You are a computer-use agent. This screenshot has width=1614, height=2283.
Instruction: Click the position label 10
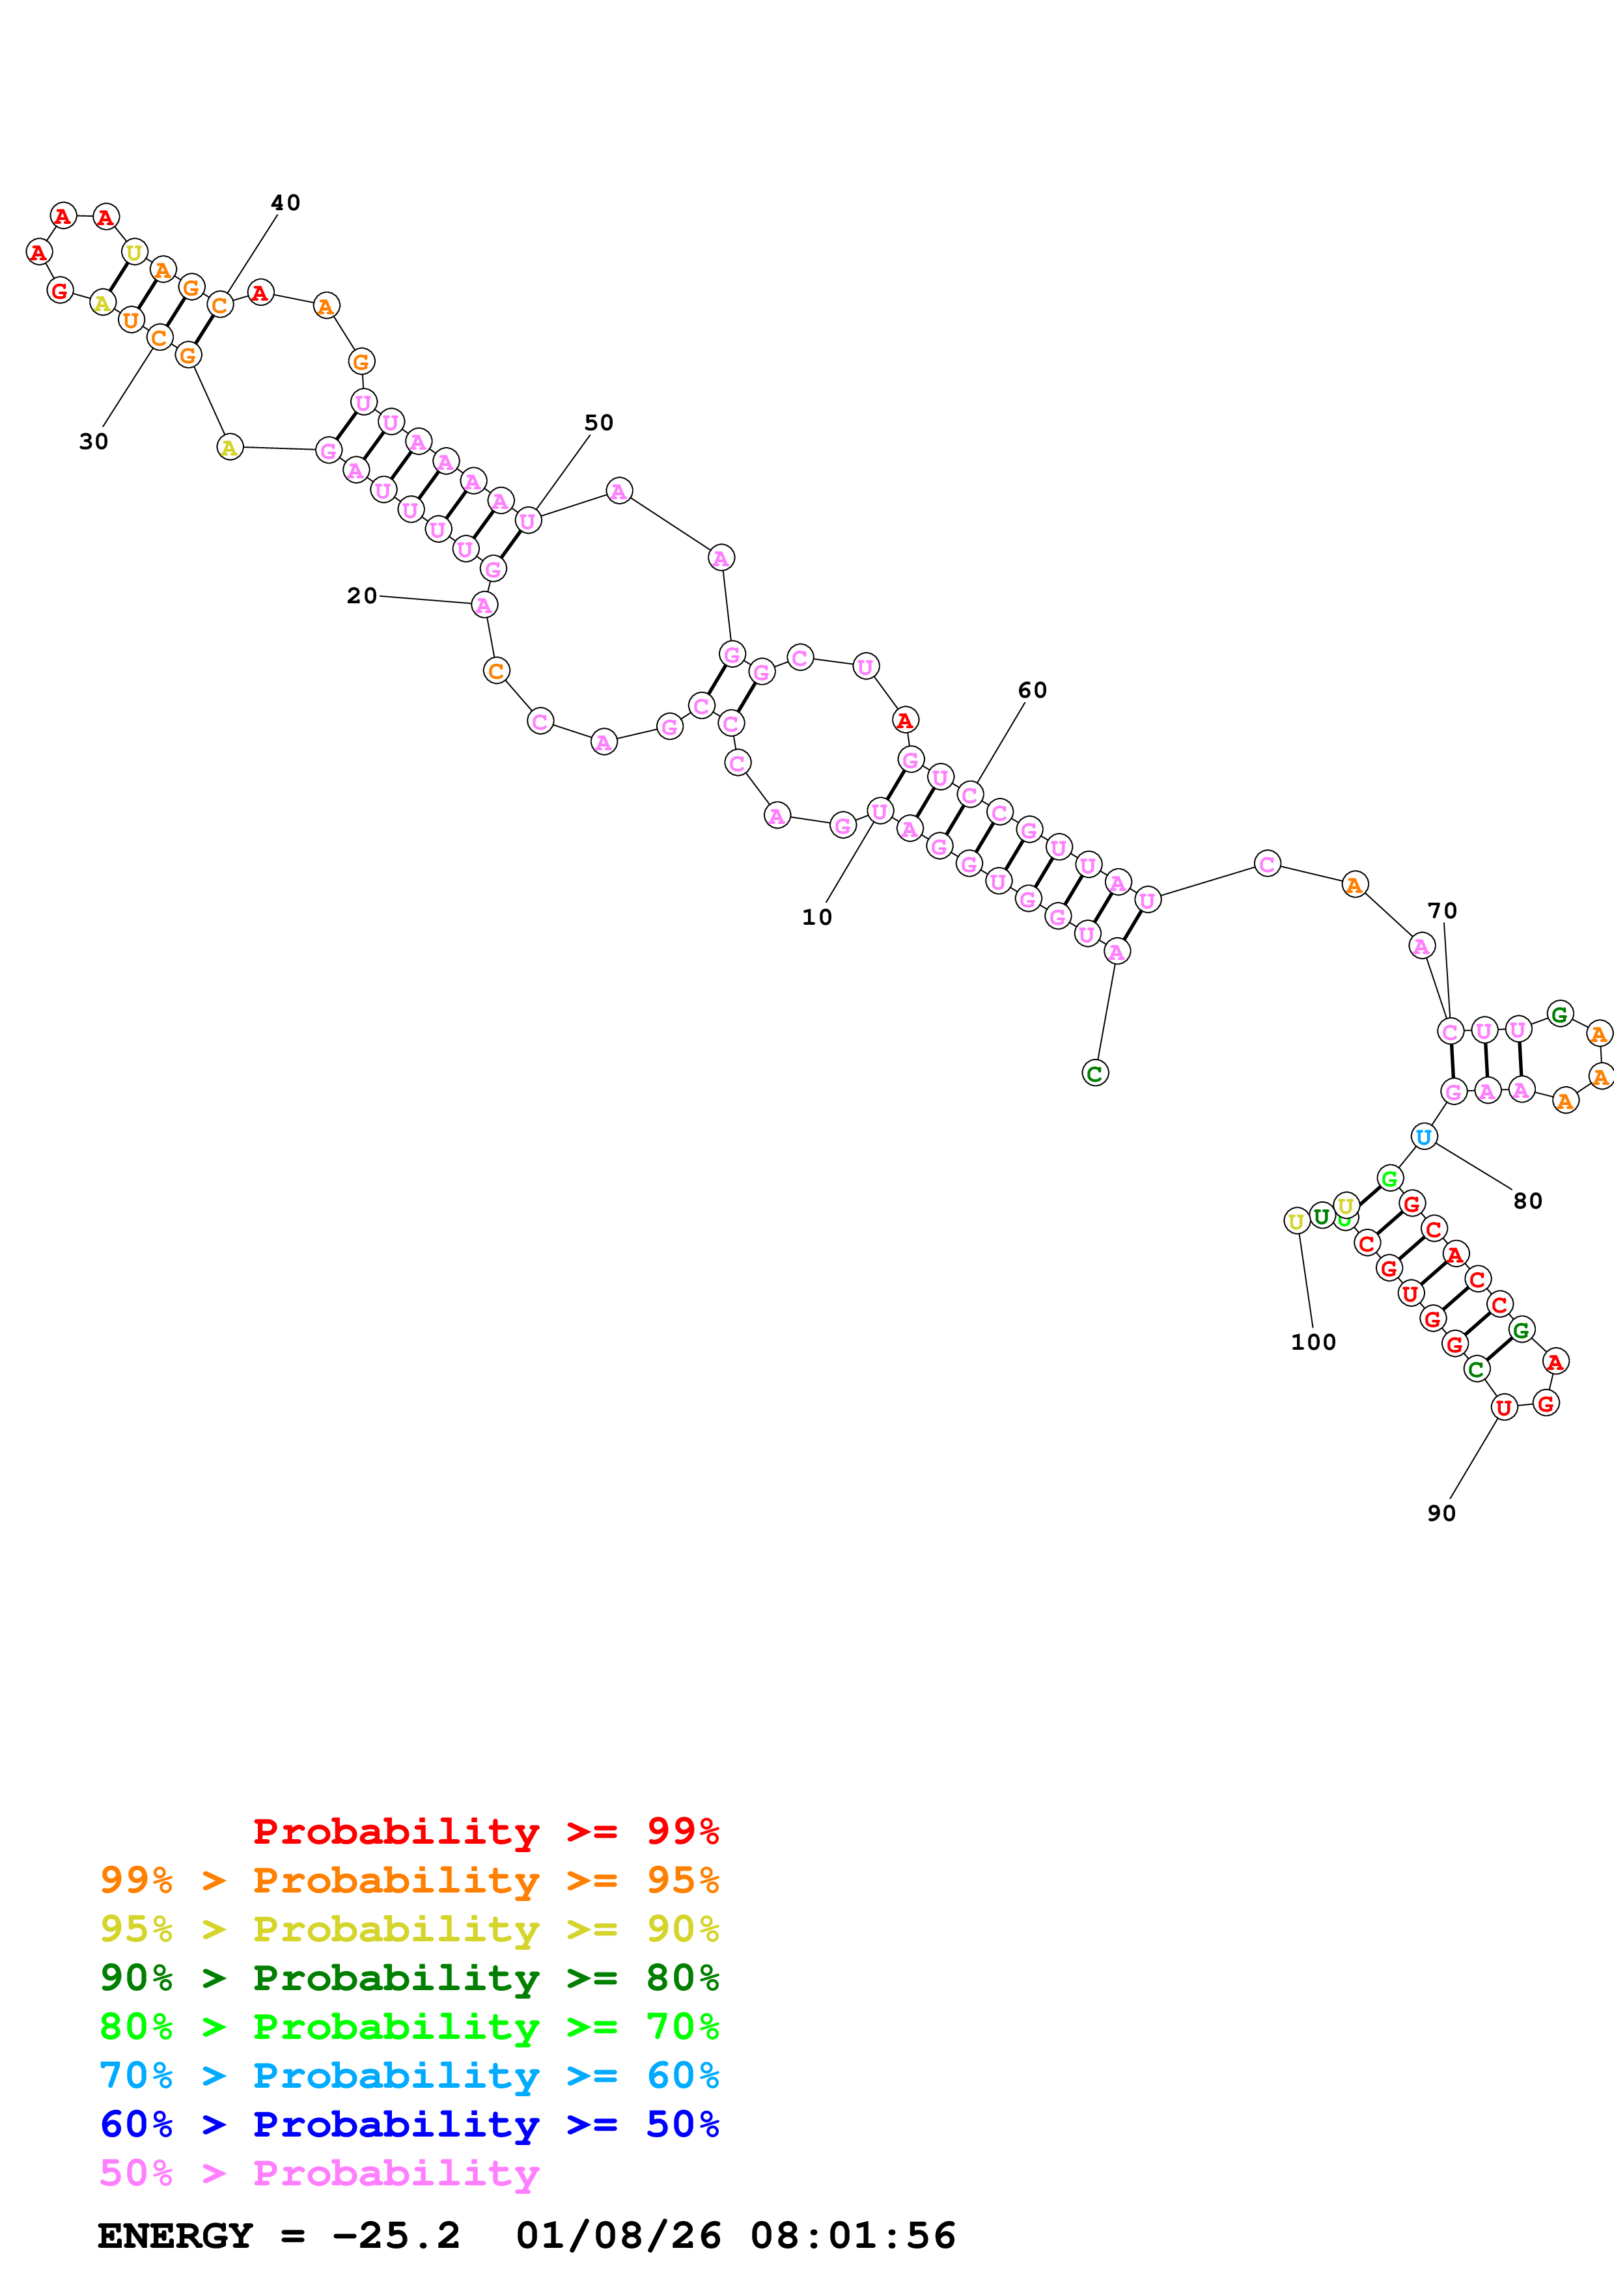816,917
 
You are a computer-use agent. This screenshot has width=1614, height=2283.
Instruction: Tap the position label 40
285,203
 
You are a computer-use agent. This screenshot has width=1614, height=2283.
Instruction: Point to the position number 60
1032,690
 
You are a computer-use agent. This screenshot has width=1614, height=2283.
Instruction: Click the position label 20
362,595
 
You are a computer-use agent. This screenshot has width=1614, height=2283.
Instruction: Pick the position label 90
1441,1513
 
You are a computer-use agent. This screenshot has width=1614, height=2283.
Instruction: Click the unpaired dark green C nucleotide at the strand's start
1095,1073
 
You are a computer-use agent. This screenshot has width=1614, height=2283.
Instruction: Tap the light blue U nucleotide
1424,1136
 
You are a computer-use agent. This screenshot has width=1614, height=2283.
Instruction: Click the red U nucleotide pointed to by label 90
1503,1407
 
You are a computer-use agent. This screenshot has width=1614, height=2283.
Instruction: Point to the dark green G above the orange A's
1559,1014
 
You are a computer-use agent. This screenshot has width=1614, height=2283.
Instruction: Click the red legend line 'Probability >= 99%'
485,1831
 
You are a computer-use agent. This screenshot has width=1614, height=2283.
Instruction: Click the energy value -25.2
396,2235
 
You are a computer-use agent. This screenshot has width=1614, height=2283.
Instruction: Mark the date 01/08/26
618,2235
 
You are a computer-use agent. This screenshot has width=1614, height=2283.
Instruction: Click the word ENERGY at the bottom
175,2235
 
